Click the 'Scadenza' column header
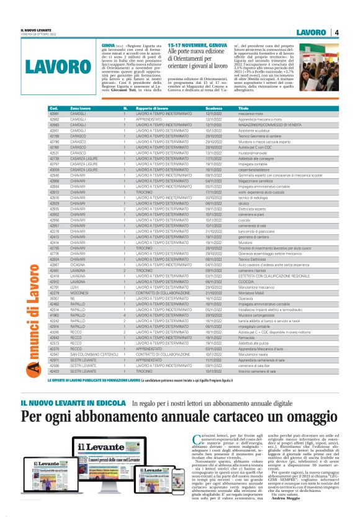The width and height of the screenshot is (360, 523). [x=214, y=108]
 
